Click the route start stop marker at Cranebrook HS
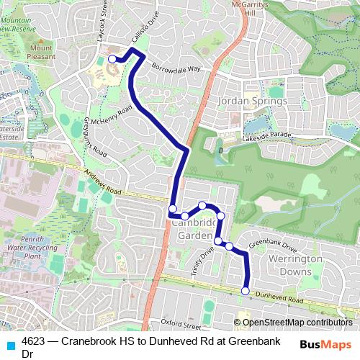point(112,59)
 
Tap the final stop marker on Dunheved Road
point(246,291)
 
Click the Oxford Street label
point(179,322)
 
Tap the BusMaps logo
point(325,344)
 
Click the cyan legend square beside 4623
point(11,343)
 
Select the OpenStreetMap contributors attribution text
point(297,323)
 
